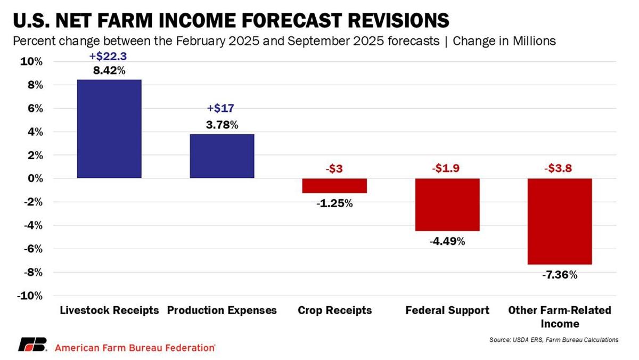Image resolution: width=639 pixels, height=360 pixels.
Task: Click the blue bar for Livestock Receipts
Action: click(109, 129)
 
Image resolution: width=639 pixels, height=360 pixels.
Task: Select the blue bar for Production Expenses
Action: click(222, 156)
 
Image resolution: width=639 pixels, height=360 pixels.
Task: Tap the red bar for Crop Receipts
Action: click(334, 185)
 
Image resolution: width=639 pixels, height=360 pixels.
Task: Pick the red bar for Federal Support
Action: click(447, 204)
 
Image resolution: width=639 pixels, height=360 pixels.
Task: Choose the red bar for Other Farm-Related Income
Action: click(560, 221)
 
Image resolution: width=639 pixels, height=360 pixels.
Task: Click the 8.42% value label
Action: click(109, 70)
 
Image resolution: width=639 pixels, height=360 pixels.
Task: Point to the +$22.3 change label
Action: click(109, 55)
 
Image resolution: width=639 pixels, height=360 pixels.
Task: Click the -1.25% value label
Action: click(334, 203)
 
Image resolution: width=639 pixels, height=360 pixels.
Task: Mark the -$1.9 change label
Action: click(447, 169)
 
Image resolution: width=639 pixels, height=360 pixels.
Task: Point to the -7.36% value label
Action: click(560, 275)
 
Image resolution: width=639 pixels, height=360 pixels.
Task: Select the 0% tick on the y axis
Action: click(34, 178)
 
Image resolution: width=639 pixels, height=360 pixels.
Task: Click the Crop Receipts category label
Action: click(334, 310)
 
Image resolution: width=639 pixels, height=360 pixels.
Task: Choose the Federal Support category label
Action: click(447, 310)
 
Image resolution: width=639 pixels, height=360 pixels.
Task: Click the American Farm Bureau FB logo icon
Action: click(33, 345)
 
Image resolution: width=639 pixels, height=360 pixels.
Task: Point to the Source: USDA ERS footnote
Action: click(554, 340)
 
